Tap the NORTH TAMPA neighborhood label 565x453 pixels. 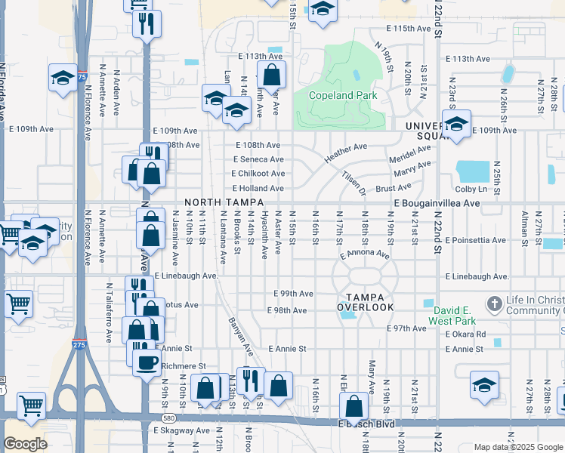point(224,203)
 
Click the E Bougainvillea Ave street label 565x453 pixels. point(437,203)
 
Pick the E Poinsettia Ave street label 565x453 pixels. point(474,240)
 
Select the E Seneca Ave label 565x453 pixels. point(258,159)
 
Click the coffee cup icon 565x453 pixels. point(146,362)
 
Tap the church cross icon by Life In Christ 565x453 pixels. point(495,304)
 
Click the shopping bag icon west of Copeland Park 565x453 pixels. point(271,75)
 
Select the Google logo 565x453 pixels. point(25,444)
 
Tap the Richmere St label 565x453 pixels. point(184,366)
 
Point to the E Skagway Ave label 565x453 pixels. point(181,430)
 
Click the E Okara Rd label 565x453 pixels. point(466,334)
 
